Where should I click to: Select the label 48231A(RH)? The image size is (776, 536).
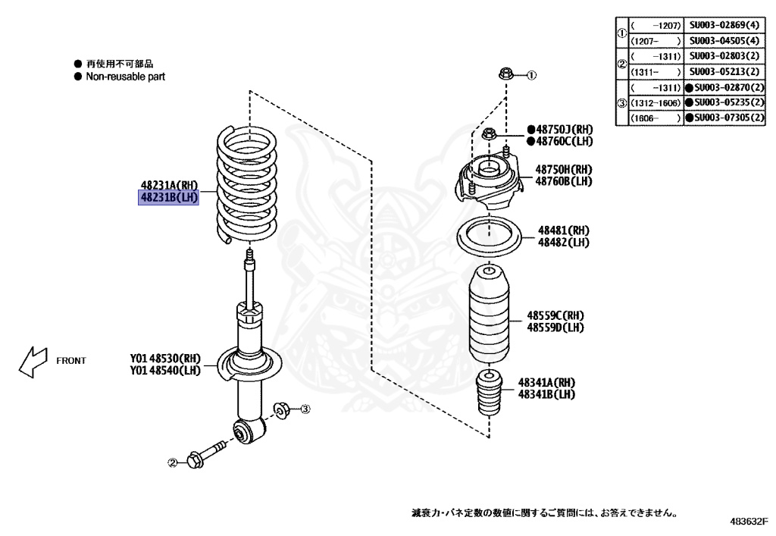click(x=168, y=184)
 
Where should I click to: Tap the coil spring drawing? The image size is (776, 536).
click(x=247, y=186)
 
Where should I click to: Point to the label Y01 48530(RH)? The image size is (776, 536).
click(x=165, y=359)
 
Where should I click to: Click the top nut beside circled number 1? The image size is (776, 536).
click(x=505, y=74)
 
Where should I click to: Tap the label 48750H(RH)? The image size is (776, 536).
click(x=564, y=170)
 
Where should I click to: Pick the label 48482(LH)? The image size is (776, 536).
click(x=564, y=242)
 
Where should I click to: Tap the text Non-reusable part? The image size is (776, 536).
click(x=125, y=77)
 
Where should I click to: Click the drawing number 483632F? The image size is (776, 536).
click(x=749, y=522)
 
